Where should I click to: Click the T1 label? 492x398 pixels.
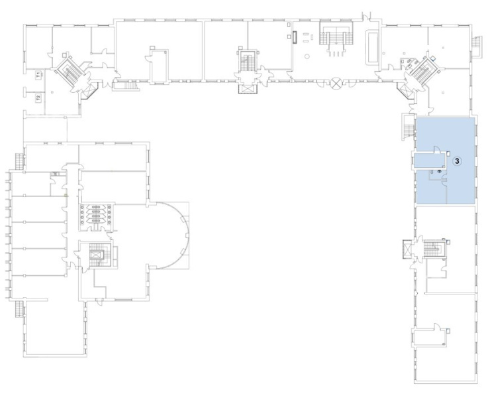click(x=38, y=75)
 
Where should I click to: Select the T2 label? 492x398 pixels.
click(x=38, y=98)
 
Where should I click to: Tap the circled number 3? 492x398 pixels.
click(x=457, y=161)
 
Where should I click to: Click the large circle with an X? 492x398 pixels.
click(x=336, y=83)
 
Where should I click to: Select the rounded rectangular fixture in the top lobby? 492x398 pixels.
click(x=373, y=47)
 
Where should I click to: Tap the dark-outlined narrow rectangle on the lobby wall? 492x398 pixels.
click(x=295, y=37)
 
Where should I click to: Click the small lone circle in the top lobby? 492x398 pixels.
click(x=307, y=56)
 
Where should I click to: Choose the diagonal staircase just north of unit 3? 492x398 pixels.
click(x=422, y=70)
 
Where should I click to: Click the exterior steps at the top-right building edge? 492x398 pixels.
click(x=477, y=46)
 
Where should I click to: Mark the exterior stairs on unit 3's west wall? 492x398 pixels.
click(x=408, y=127)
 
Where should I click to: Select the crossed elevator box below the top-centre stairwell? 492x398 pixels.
click(x=248, y=88)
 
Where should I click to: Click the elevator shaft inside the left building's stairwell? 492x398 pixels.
click(x=96, y=255)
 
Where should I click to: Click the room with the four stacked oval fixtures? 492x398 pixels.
click(x=96, y=215)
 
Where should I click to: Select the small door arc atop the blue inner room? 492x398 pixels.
click(x=436, y=149)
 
